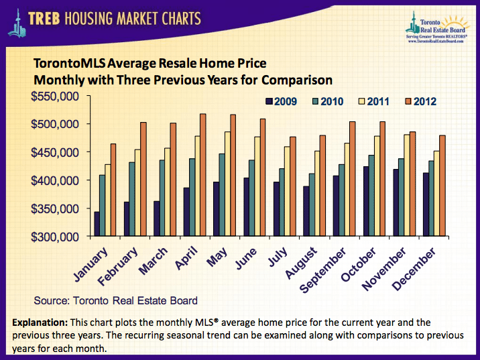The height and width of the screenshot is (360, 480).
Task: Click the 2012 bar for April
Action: tap(203, 175)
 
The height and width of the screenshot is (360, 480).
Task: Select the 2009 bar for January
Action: tap(97, 224)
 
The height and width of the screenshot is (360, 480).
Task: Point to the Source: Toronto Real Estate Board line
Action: tap(115, 300)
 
